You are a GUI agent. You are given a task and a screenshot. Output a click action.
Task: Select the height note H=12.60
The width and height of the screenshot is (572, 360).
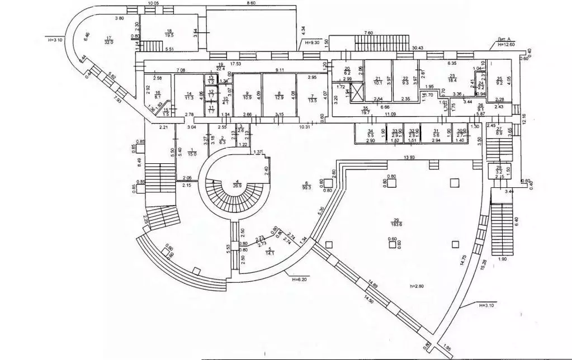[505, 44]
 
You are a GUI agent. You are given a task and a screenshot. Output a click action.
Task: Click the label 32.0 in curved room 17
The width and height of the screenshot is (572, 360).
[109, 41]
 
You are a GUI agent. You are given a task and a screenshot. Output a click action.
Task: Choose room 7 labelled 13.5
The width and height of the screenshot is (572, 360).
[313, 100]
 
